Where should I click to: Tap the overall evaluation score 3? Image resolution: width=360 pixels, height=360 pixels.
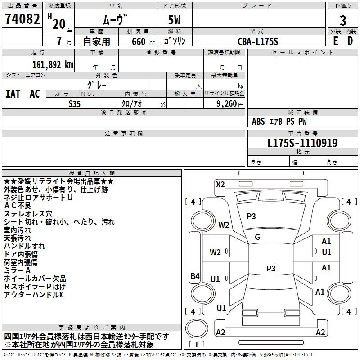(x=343, y=20)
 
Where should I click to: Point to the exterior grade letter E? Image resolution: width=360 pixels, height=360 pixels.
(x=335, y=40)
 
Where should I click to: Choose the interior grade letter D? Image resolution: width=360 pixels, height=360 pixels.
(x=350, y=40)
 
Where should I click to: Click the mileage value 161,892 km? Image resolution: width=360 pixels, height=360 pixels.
(x=53, y=64)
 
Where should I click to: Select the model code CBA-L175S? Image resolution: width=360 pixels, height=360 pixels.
(x=258, y=41)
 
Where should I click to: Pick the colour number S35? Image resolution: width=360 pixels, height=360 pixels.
(x=75, y=103)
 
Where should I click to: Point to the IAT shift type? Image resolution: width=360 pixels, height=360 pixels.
(x=13, y=94)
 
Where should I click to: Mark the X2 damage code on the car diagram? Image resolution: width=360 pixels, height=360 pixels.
(x=220, y=184)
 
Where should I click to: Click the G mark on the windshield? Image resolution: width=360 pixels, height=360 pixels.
(x=257, y=237)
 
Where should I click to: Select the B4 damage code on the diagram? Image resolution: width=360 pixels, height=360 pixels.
(x=195, y=276)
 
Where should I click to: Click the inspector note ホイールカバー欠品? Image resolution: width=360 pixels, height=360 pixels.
(x=35, y=279)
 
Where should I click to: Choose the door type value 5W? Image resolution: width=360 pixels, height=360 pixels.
(x=175, y=20)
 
